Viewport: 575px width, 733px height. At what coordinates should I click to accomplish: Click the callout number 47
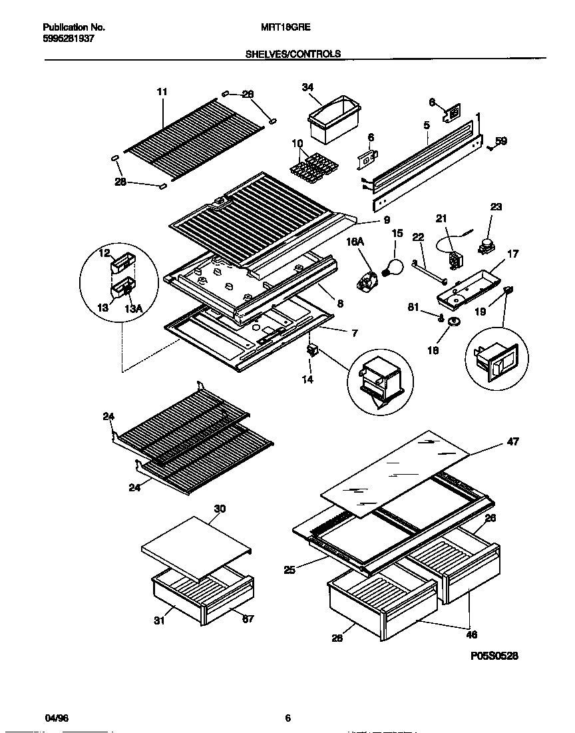pos(512,441)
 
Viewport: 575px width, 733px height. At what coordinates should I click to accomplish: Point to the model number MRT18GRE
pos(288,28)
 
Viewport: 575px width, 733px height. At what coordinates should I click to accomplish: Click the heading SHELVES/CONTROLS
pos(293,54)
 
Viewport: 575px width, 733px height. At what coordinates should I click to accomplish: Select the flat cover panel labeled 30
pos(196,543)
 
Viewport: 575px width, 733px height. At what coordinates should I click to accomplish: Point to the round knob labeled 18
pos(455,322)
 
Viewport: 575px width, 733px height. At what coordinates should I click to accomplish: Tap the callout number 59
pos(501,141)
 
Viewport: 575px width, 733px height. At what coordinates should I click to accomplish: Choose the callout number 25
pos(289,569)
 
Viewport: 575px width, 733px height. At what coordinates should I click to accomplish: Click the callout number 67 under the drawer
pos(248,619)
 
